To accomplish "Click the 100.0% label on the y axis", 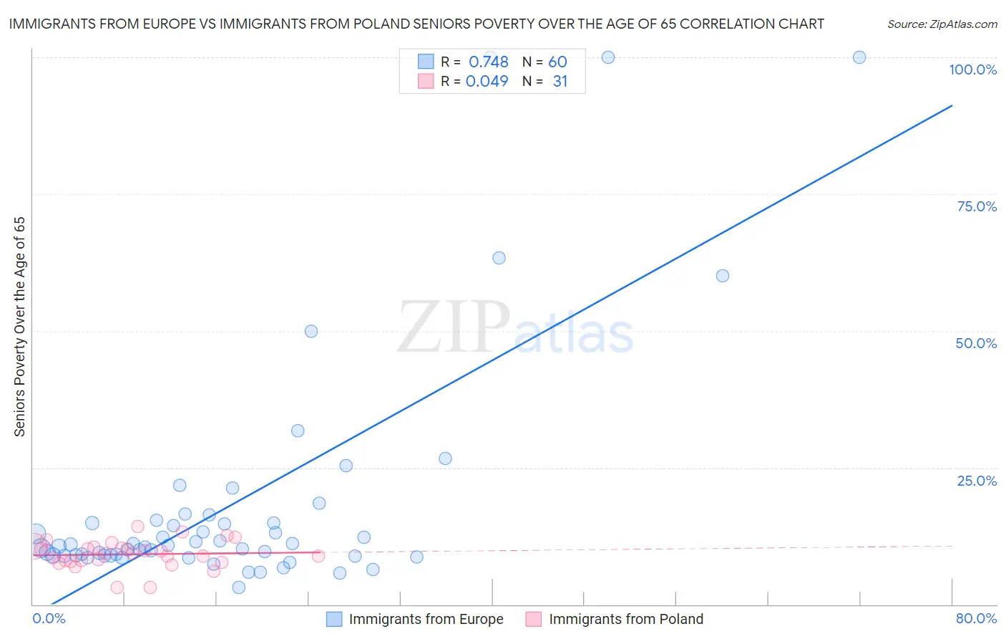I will tap(972, 69).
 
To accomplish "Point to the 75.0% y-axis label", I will tap(977, 206).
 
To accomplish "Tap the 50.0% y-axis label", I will tap(976, 343).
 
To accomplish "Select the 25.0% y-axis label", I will tap(977, 480).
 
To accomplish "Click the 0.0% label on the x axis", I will tap(49, 618).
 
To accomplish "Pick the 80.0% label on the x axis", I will tap(976, 618).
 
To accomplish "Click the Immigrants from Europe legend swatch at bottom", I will tap(334, 619).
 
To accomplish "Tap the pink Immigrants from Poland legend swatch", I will tap(534, 619).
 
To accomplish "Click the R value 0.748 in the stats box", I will tap(488, 62).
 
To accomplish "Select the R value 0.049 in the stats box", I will tap(487, 82).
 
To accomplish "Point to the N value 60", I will tap(557, 62).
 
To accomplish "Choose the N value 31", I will tap(560, 82).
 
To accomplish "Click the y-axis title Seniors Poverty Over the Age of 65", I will tap(20, 327).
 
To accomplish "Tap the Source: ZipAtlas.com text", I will tap(942, 24).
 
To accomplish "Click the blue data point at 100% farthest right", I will tap(859, 57).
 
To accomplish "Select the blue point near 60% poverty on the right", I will tap(723, 276).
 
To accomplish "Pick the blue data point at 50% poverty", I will tap(311, 331).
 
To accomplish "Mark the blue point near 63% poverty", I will tap(499, 258).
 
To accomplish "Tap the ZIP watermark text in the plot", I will tap(454, 327).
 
